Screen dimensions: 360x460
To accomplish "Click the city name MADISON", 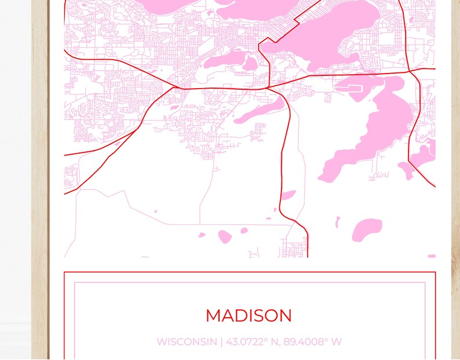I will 249,316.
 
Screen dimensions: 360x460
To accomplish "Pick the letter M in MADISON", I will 214,316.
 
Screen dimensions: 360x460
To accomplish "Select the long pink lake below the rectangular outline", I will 371,133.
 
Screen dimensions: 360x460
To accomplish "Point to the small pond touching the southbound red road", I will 288,195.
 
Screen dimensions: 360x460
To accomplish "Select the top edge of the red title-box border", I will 249,272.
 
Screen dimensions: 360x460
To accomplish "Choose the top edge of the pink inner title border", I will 249,283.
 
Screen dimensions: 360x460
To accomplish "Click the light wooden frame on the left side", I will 40,174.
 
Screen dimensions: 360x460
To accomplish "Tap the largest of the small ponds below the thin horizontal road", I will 225,237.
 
